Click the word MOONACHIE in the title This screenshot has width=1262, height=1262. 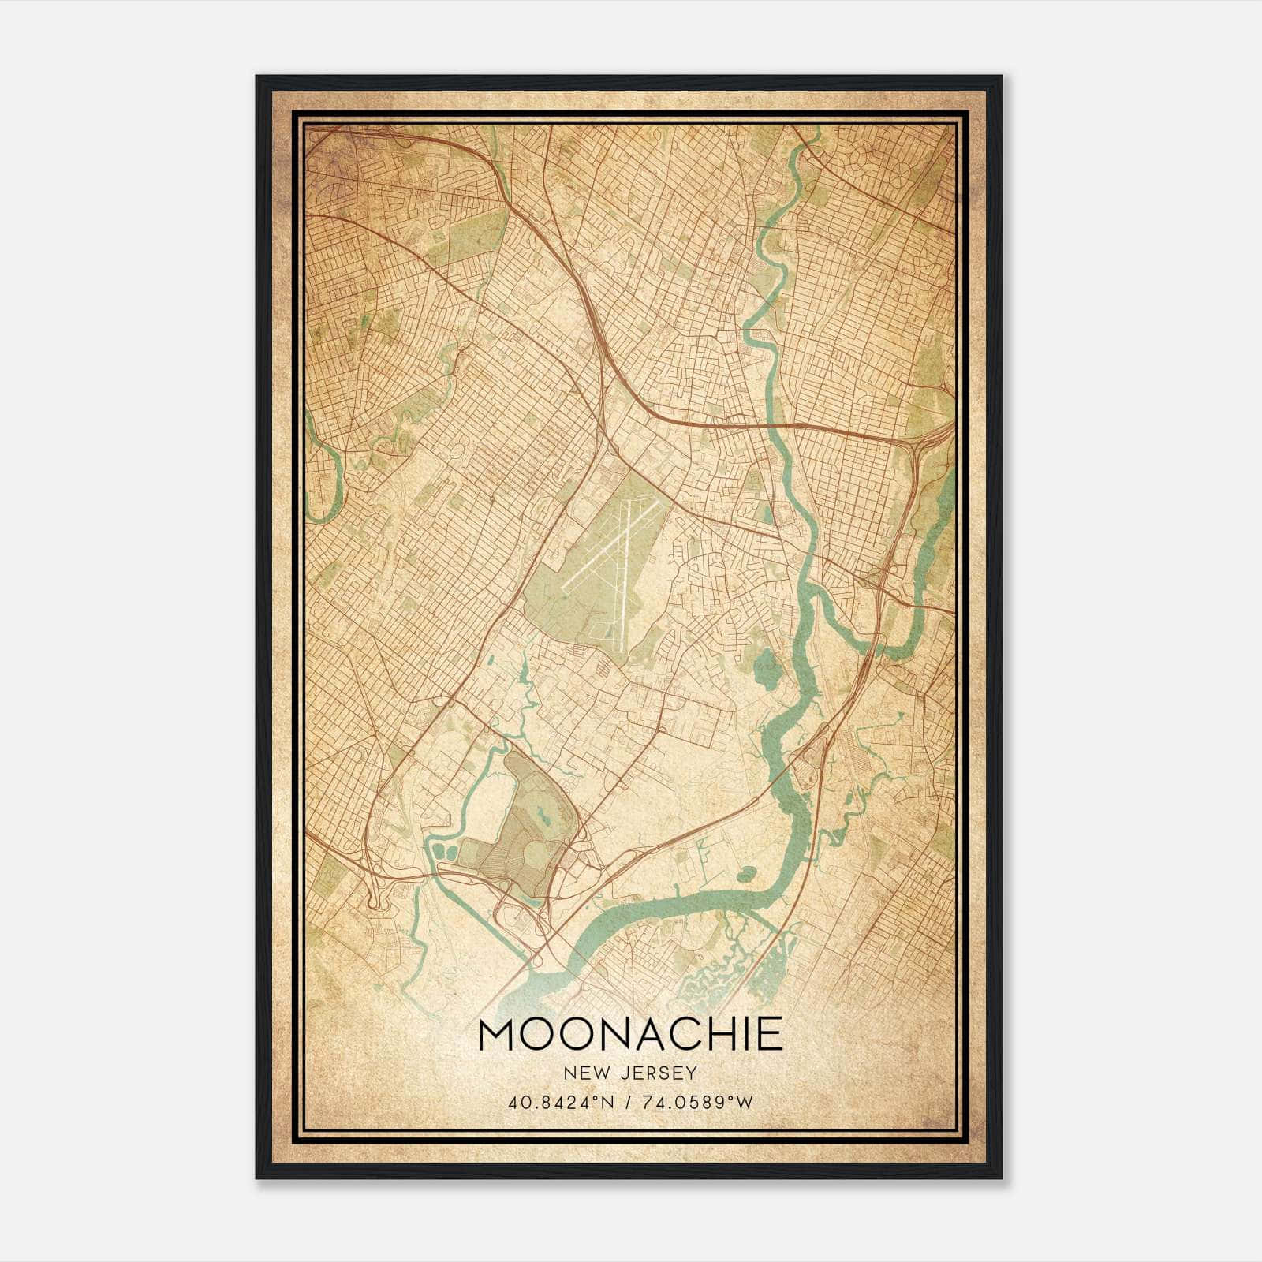pyautogui.click(x=630, y=1034)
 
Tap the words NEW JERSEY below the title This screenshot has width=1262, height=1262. pyautogui.click(x=630, y=1073)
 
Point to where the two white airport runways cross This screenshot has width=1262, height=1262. pyautogui.click(x=622, y=544)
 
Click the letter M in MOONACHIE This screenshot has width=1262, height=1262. pyautogui.click(x=495, y=1034)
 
